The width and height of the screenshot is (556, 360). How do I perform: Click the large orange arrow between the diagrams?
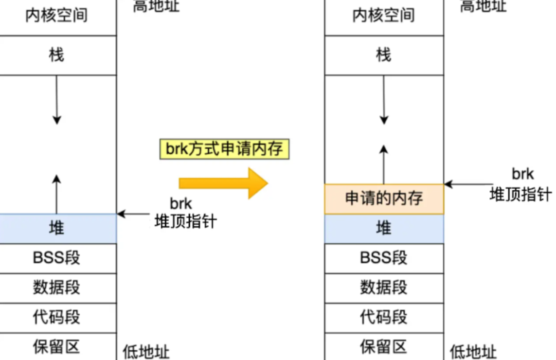pos(223,183)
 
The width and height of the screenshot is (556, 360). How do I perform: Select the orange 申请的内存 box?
pos(384,199)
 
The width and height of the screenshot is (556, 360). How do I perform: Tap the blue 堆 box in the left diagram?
pos(57,228)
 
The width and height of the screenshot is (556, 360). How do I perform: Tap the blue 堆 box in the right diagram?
pos(384,229)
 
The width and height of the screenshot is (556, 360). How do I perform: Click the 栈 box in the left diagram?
pos(57,55)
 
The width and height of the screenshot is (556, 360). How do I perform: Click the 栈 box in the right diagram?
pos(384,55)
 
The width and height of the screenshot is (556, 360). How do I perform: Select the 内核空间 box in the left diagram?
pos(57,16)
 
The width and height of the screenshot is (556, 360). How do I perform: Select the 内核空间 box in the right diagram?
pos(384,16)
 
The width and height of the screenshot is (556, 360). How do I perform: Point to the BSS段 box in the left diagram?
pos(57,258)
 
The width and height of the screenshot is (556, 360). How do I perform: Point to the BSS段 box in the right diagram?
pos(384,258)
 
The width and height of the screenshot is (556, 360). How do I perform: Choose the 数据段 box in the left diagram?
pos(57,288)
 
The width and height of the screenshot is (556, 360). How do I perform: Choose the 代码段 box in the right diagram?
pos(384,318)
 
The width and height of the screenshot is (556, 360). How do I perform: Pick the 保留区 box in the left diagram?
pos(57,347)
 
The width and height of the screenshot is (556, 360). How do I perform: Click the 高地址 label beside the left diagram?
pos(156,6)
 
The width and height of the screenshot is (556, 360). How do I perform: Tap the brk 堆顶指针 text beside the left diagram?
pos(185,213)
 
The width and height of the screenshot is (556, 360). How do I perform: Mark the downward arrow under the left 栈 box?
pos(57,99)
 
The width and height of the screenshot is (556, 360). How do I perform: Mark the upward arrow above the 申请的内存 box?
pos(384,164)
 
